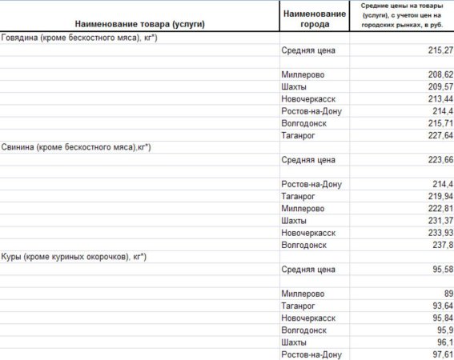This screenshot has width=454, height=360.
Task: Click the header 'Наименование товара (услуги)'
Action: click(x=140, y=25)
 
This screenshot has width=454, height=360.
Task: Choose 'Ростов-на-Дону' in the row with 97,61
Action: click(x=312, y=354)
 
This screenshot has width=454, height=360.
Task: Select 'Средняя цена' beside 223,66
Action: click(x=308, y=160)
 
